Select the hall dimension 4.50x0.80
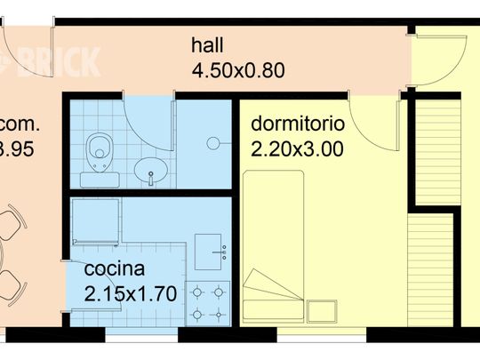pos(238,69)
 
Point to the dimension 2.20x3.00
pos(297,148)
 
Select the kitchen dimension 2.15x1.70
pos(131,292)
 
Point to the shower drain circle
pos(212,142)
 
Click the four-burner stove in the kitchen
pos(210,301)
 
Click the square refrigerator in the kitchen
pos(96,220)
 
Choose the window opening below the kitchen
pos(142,335)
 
